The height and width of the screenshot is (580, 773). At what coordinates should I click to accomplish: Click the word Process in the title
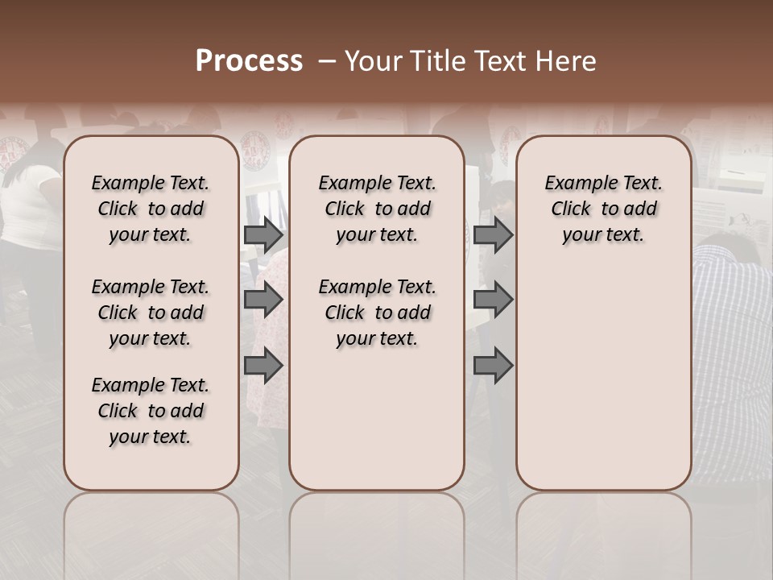[249, 61]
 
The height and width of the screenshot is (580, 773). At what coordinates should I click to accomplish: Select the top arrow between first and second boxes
[263, 234]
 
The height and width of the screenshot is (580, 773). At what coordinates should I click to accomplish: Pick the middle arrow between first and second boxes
[263, 300]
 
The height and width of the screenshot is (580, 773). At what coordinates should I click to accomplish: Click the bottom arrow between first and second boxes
[263, 366]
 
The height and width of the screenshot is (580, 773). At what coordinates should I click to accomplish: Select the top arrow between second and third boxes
[493, 234]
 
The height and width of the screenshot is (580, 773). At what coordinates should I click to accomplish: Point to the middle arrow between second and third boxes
[493, 300]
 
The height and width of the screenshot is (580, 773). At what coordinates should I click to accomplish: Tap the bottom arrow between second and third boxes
[493, 366]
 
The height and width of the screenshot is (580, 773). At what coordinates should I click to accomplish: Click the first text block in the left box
[151, 209]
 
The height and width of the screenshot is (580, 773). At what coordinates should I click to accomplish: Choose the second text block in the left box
[151, 313]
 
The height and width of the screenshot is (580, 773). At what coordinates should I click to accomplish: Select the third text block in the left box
[151, 411]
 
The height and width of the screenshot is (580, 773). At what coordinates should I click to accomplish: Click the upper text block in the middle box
[377, 209]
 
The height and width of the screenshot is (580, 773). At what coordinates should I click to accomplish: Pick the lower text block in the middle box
[377, 313]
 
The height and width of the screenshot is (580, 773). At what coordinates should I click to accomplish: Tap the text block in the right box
[604, 209]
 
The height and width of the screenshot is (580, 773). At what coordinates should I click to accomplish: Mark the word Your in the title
[373, 61]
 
